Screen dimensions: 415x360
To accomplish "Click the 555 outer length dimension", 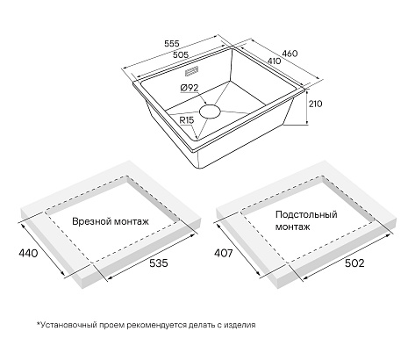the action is (x=171, y=44).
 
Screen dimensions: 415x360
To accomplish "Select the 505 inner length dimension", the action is (x=181, y=54).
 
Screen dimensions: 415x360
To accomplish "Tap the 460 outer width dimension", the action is (x=290, y=54).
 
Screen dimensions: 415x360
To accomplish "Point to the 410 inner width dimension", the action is (x=274, y=61).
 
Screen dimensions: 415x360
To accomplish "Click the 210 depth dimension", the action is (x=316, y=104).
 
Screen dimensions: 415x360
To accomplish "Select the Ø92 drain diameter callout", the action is (x=190, y=88).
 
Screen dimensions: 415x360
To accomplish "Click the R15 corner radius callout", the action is (x=187, y=120).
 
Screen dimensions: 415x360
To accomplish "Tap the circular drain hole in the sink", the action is (x=210, y=112).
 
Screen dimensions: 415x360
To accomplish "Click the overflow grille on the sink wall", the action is (x=192, y=71).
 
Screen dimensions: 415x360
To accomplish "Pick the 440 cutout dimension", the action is (x=28, y=253).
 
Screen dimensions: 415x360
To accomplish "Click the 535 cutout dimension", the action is (x=159, y=263).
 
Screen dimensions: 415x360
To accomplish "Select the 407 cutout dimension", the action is (x=224, y=253).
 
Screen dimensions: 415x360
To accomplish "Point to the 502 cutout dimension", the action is (x=354, y=263).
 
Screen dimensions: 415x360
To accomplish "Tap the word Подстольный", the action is (x=306, y=215).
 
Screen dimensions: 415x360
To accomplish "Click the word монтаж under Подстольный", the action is (x=293, y=227).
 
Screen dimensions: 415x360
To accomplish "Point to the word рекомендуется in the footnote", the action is (x=157, y=325).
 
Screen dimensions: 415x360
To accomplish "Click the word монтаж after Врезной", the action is (x=132, y=222).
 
